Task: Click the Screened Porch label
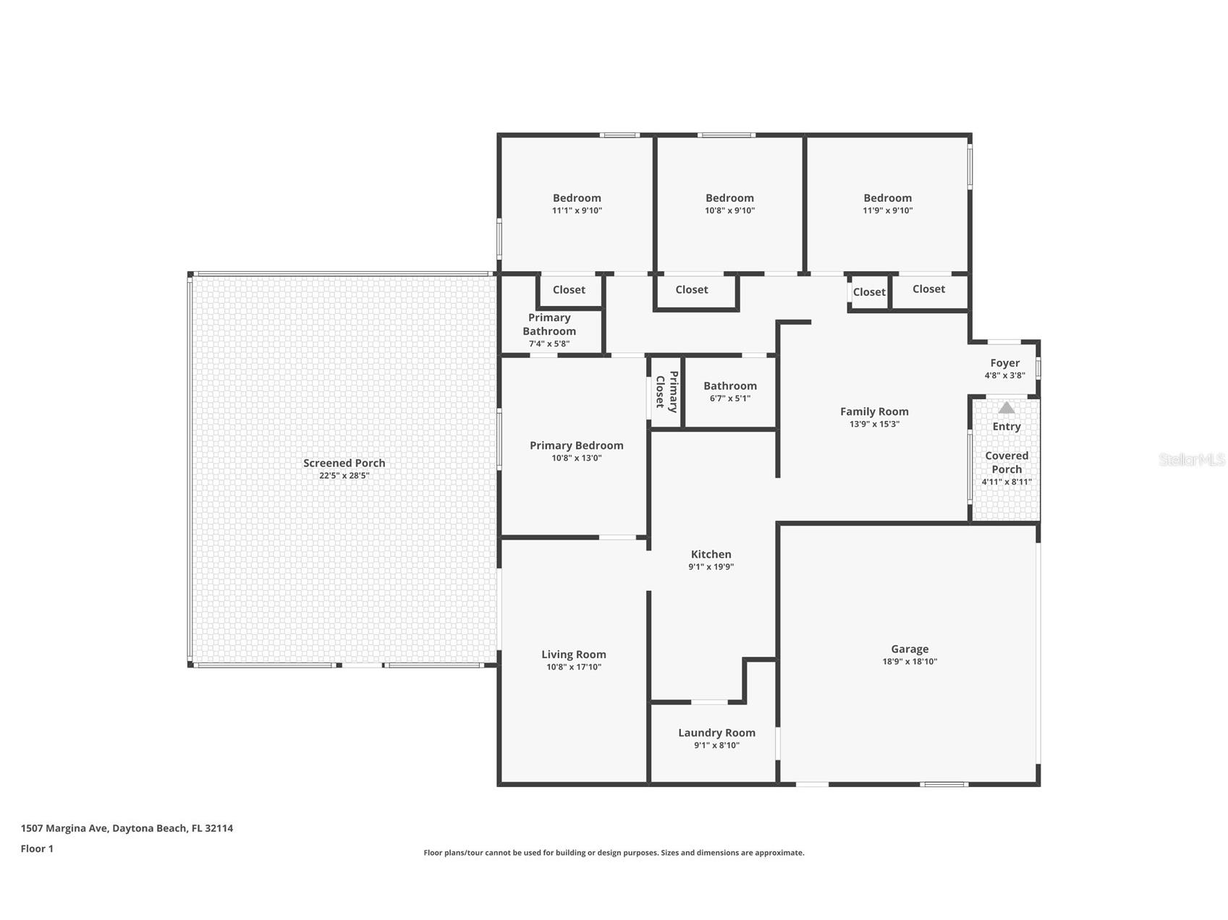pyautogui.click(x=344, y=463)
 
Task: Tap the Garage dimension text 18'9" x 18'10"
pyautogui.click(x=910, y=661)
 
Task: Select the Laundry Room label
pyautogui.click(x=716, y=733)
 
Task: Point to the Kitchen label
pyautogui.click(x=711, y=555)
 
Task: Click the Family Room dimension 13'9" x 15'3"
pyautogui.click(x=874, y=424)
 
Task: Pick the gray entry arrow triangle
pyautogui.click(x=1007, y=408)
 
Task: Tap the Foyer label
pyautogui.click(x=1005, y=363)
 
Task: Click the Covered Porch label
pyautogui.click(x=1007, y=462)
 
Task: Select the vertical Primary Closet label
pyautogui.click(x=666, y=391)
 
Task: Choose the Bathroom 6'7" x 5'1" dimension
pyautogui.click(x=730, y=399)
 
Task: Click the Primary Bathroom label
pyautogui.click(x=549, y=324)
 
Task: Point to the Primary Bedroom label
pyautogui.click(x=577, y=446)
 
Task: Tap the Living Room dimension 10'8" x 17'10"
pyautogui.click(x=574, y=667)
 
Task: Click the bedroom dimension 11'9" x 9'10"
pyautogui.click(x=888, y=210)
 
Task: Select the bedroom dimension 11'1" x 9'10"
pyautogui.click(x=577, y=210)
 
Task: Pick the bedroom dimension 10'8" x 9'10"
pyautogui.click(x=730, y=210)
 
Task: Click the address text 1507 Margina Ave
pyautogui.click(x=64, y=828)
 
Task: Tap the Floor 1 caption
pyautogui.click(x=37, y=848)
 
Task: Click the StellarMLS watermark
pyautogui.click(x=1192, y=459)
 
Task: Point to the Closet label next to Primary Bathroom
pyautogui.click(x=569, y=290)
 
